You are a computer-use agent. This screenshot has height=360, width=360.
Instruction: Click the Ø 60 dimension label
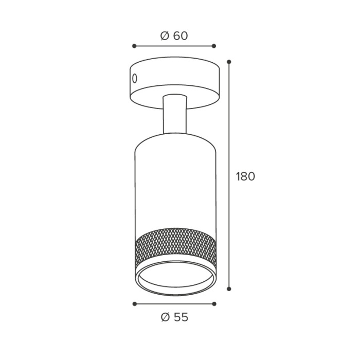click(174, 36)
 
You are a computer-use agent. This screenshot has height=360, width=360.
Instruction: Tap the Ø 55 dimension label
click(174, 317)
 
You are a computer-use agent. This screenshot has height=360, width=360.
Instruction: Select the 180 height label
click(245, 176)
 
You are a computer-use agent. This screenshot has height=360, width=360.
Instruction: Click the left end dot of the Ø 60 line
click(134, 46)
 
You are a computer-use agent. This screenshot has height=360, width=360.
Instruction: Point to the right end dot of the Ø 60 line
click(214, 46)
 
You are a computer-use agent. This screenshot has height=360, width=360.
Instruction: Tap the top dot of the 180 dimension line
click(229, 62)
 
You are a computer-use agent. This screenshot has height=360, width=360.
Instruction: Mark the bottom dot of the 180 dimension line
click(229, 289)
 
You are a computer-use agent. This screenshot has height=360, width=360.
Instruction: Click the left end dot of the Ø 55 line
click(135, 304)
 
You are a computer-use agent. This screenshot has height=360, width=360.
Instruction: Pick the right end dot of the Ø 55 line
click(214, 304)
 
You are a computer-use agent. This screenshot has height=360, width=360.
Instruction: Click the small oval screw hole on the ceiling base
click(135, 79)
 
